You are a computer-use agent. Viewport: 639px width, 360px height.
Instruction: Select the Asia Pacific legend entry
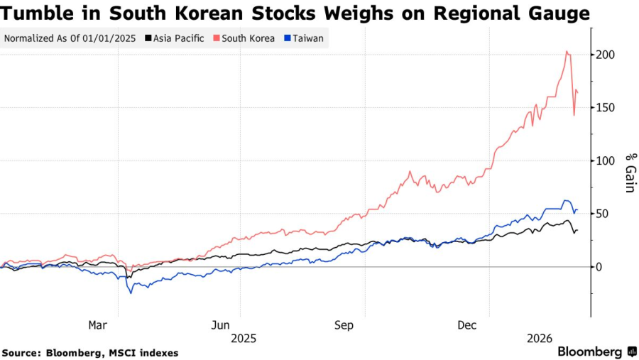[x=178, y=38]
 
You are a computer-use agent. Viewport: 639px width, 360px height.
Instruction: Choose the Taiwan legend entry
[x=307, y=38]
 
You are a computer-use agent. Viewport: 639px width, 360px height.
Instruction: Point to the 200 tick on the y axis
[x=606, y=55]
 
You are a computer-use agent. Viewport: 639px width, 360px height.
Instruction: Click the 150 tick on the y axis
[x=606, y=108]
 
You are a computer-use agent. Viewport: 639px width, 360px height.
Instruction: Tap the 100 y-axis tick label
[x=606, y=160]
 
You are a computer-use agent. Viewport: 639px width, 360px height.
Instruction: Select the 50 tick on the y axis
[x=603, y=214]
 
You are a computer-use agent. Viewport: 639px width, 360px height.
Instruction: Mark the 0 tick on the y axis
[x=600, y=267]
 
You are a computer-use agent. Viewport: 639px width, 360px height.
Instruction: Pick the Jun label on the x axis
[x=221, y=325]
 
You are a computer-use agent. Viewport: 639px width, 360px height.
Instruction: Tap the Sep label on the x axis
[x=344, y=325]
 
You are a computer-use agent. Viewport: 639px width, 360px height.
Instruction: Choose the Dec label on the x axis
[x=466, y=325]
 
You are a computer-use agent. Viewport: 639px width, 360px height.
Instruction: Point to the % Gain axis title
[x=629, y=173]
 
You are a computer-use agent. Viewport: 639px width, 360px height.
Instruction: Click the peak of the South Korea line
[x=567, y=51]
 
